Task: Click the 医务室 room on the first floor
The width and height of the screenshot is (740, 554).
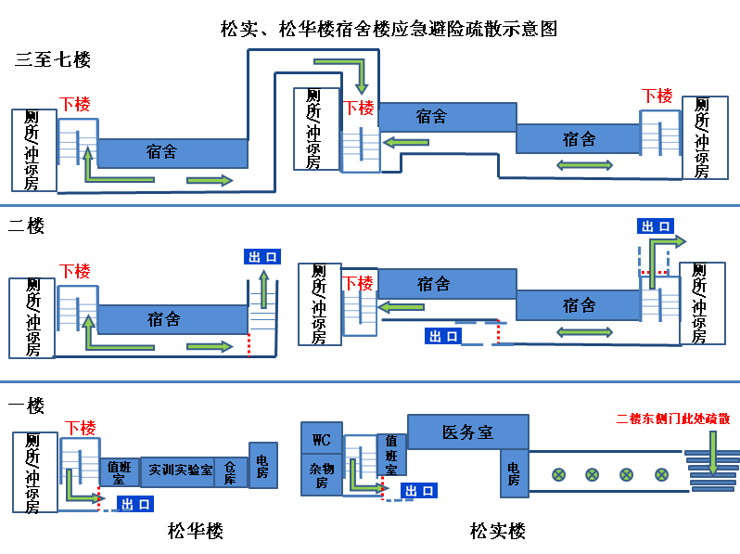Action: pos(467,432)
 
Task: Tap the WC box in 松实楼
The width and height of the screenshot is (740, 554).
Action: pos(322,438)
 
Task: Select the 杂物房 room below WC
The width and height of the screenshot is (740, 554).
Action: pos(322,475)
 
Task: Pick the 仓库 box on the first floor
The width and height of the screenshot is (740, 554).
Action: pos(231,471)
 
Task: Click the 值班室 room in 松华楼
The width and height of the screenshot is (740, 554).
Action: pos(120,472)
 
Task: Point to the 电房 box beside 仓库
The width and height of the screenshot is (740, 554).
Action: pos(262,466)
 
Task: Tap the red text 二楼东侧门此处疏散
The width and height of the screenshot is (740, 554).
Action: pos(673,419)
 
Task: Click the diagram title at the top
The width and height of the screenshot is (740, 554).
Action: pos(389,29)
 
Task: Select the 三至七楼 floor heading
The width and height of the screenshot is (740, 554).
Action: pos(52,60)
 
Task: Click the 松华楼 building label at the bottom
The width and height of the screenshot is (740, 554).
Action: pos(196,531)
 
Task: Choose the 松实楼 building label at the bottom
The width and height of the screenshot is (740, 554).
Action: pos(497,531)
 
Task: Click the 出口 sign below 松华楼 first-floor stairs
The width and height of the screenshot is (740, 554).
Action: pos(135,504)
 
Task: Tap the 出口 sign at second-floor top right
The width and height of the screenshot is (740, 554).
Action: pos(656,226)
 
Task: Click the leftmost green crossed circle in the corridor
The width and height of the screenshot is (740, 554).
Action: pos(559,474)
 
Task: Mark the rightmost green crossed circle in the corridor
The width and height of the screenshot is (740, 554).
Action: pos(662,474)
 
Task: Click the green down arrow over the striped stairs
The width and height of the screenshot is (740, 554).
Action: pos(712,453)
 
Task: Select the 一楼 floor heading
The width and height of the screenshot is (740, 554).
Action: pos(26,406)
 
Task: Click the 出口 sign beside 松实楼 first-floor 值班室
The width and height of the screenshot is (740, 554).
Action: pos(419,491)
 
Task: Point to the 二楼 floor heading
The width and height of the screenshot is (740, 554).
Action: pos(26,225)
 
